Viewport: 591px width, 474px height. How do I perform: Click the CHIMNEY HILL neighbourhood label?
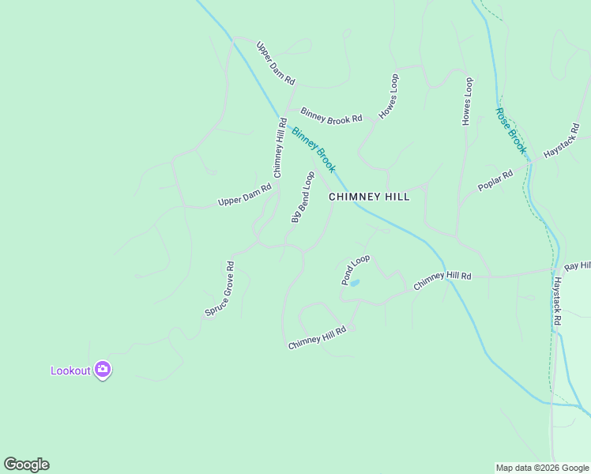coord(369,197)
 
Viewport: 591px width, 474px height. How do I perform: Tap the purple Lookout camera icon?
coord(102,369)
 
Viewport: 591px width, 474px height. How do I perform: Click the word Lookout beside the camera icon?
coord(71,371)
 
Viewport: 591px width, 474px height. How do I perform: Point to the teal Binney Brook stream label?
coord(314,150)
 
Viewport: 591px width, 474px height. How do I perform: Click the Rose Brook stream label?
coord(510,130)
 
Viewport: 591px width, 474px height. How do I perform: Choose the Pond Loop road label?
coord(356,269)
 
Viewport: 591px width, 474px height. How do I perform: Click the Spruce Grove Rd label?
coord(220,289)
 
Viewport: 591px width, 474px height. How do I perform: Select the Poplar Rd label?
coord(495,180)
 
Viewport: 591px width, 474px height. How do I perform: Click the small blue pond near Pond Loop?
coord(355,282)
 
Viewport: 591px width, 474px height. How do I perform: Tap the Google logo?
coord(26,465)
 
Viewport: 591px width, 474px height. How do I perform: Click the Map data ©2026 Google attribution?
coord(543,468)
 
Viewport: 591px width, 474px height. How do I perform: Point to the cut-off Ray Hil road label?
coord(578,267)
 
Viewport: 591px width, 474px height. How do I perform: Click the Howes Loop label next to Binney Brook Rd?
coord(389,96)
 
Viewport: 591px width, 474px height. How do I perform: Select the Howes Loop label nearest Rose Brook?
coord(467,101)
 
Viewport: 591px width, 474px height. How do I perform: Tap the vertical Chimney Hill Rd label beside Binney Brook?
coord(280,148)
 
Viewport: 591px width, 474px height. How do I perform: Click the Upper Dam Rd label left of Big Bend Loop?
coord(244,196)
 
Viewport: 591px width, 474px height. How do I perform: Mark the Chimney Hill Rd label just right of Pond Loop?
coord(442,279)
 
